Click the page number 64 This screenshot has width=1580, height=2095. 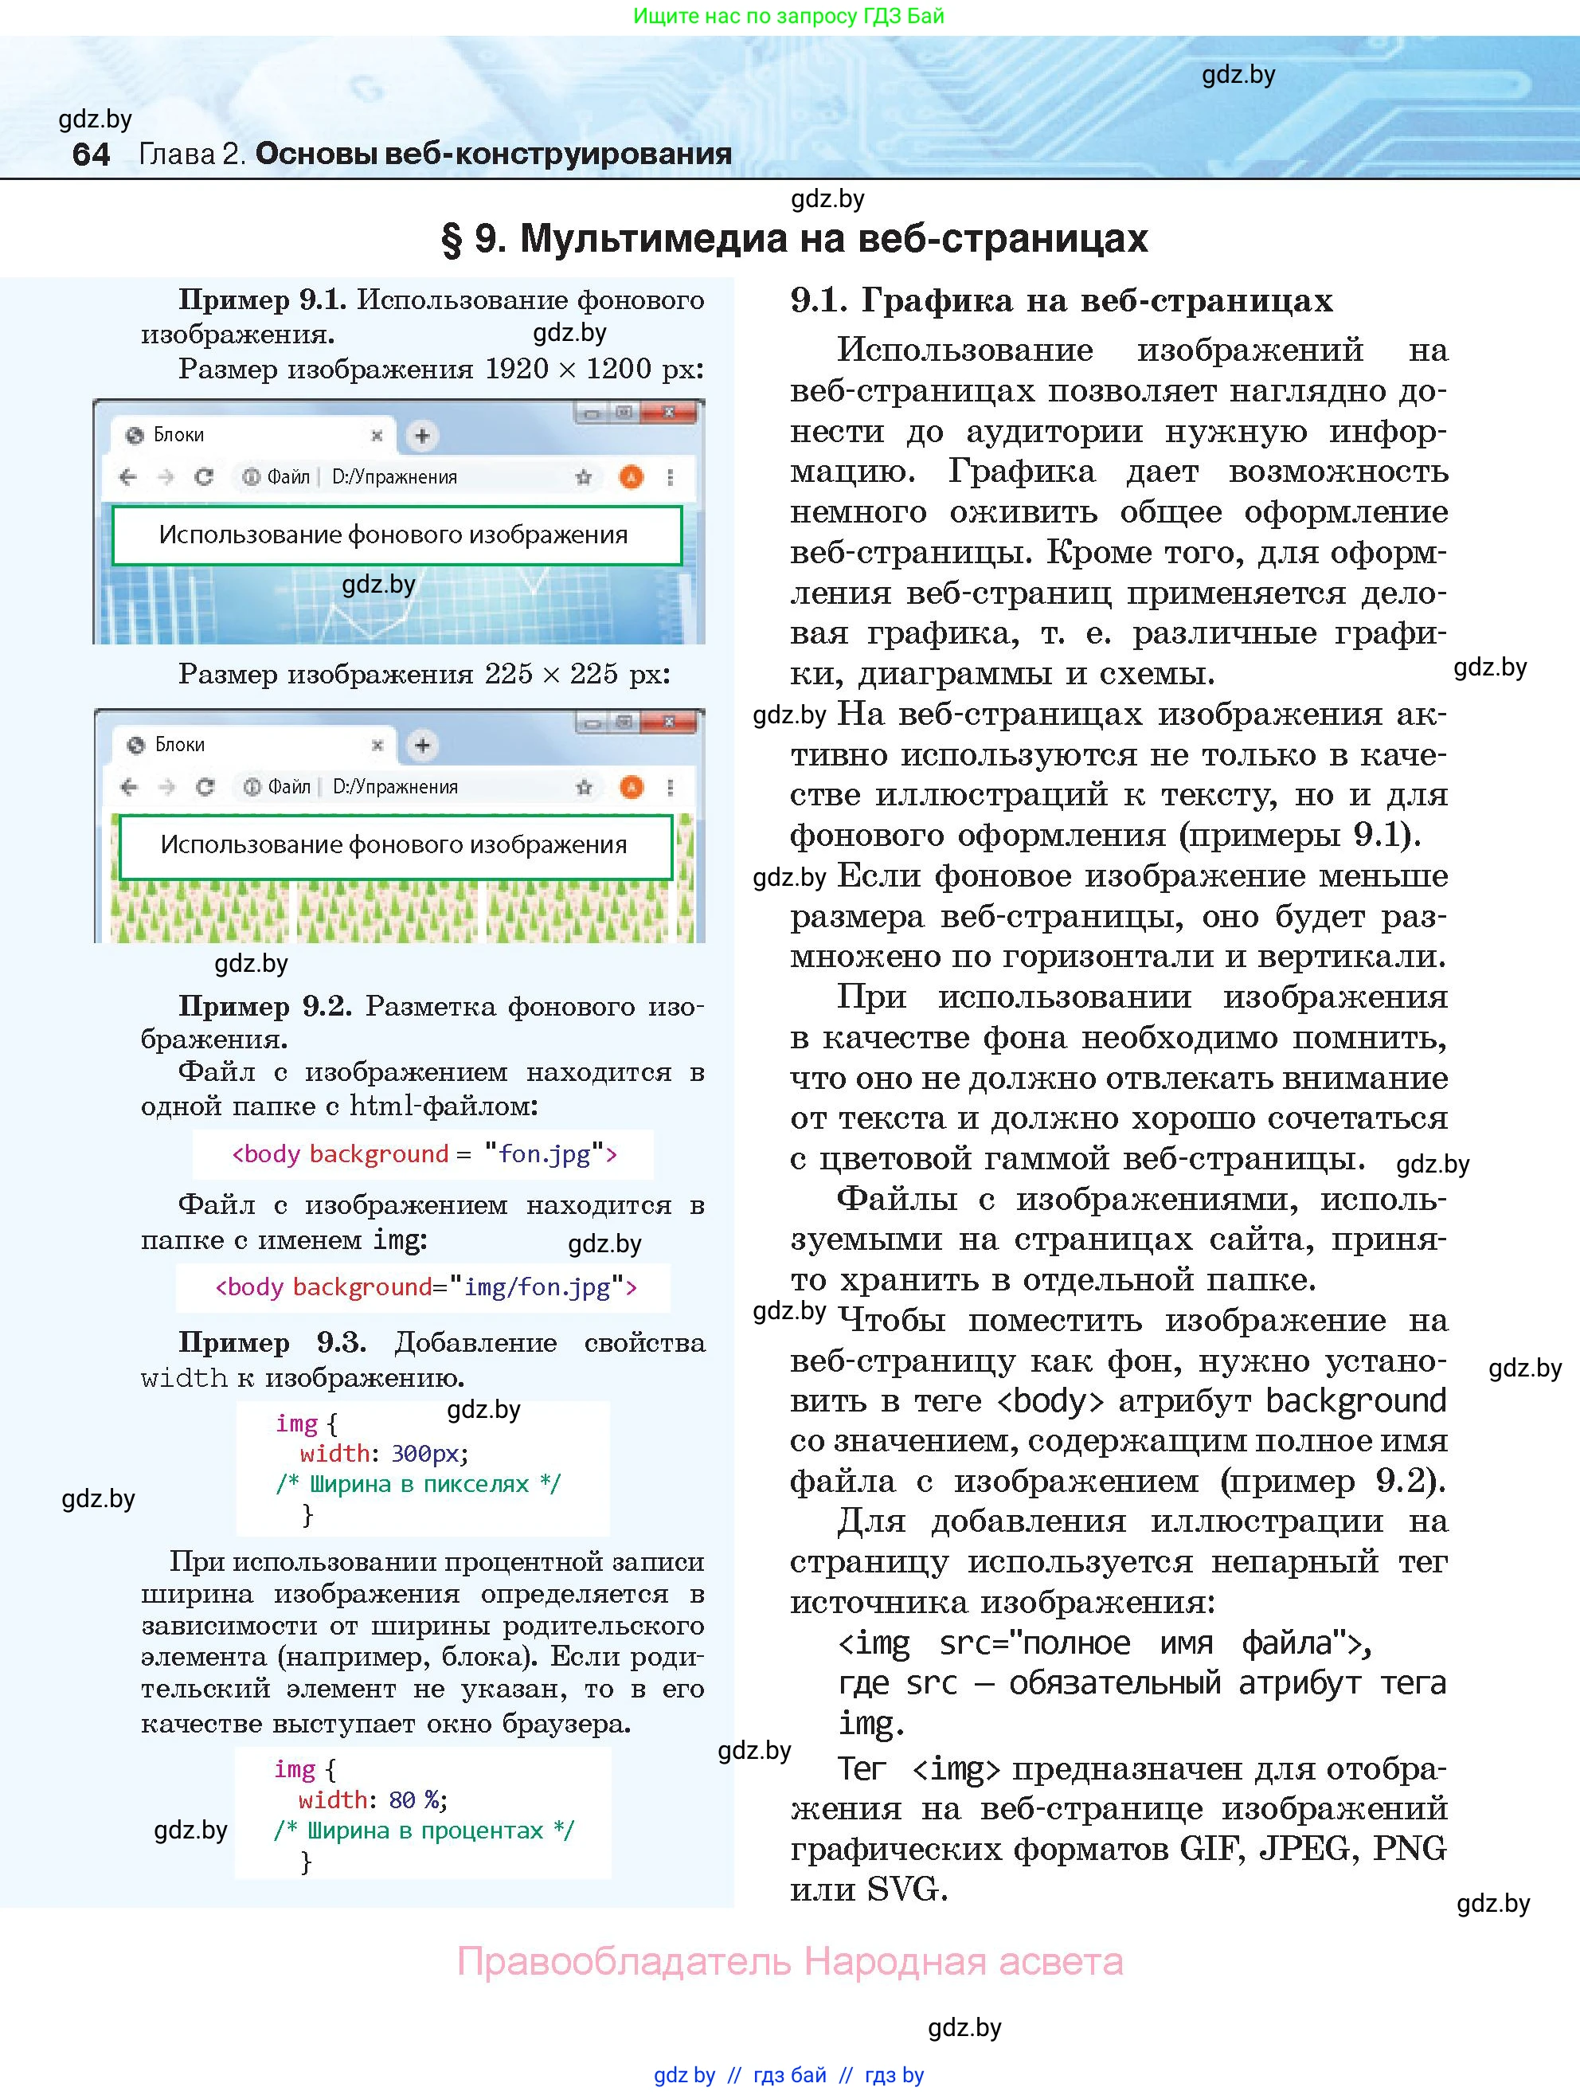(91, 155)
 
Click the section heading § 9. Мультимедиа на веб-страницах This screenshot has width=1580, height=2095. (794, 239)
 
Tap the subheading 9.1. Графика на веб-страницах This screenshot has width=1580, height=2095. (1062, 301)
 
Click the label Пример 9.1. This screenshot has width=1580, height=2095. (265, 300)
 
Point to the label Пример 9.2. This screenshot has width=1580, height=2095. (265, 1006)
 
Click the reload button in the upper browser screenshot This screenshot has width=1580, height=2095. (204, 477)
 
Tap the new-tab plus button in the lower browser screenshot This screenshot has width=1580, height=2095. (422, 746)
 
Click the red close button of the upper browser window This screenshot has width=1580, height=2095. (669, 413)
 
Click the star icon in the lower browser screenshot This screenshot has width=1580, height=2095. (584, 787)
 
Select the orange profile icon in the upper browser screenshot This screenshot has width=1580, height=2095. (632, 477)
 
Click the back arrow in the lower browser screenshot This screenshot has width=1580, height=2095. (129, 787)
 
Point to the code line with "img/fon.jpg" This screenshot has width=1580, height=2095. (425, 1287)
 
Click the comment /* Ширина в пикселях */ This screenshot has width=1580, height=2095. (418, 1484)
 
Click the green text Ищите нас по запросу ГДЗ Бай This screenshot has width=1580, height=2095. (788, 16)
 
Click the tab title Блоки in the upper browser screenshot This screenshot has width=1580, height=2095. (179, 435)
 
